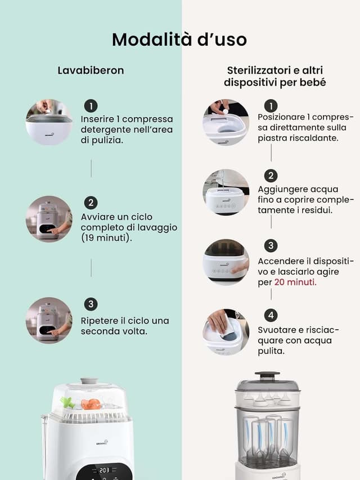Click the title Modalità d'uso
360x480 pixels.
[x=179, y=39]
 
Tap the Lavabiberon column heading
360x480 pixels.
[x=91, y=70]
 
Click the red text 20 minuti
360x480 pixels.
[x=295, y=281]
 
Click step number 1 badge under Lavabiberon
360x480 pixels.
[x=91, y=106]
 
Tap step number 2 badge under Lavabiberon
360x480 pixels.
[x=91, y=203]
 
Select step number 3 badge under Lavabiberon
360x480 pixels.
[x=91, y=304]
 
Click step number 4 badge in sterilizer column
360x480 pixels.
[x=271, y=315]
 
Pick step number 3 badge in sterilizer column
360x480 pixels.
[x=271, y=246]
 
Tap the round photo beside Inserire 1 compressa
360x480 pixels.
[x=49, y=122]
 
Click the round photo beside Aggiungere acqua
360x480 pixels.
[x=226, y=192]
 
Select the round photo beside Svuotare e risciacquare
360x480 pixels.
[x=226, y=331]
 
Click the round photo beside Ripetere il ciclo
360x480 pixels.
[x=49, y=320]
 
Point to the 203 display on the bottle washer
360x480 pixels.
[x=104, y=470]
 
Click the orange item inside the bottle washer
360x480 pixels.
[x=91, y=404]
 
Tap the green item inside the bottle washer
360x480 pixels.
[x=67, y=402]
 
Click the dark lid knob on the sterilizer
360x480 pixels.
[x=267, y=375]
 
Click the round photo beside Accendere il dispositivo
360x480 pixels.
[x=226, y=262]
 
